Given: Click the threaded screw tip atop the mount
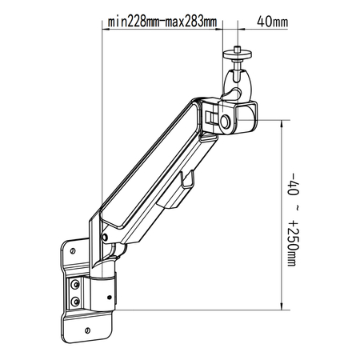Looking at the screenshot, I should pyautogui.click(x=238, y=50).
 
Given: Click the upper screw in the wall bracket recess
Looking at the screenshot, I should pyautogui.click(x=75, y=284).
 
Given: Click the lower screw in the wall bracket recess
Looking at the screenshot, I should pyautogui.click(x=75, y=302).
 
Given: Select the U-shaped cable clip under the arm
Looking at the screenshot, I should pyautogui.click(x=190, y=180).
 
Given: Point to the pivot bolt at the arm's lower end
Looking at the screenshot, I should pyautogui.click(x=103, y=238).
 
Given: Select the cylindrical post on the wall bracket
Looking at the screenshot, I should pyautogui.click(x=102, y=292).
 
